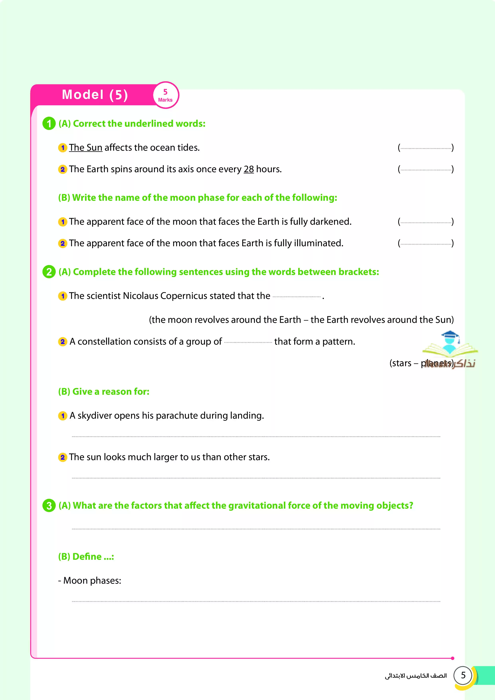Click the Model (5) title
pyautogui.click(x=95, y=95)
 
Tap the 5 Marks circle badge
pyautogui.click(x=165, y=95)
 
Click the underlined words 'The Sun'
pyautogui.click(x=85, y=147)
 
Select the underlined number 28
pyautogui.click(x=248, y=169)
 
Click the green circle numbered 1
pyautogui.click(x=49, y=124)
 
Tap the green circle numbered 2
pyautogui.click(x=49, y=272)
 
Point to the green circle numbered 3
pyautogui.click(x=49, y=505)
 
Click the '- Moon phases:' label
pyautogui.click(x=90, y=580)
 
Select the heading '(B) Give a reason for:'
pyautogui.click(x=104, y=392)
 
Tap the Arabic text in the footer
pyautogui.click(x=416, y=676)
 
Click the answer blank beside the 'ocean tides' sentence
pyautogui.click(x=426, y=148)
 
